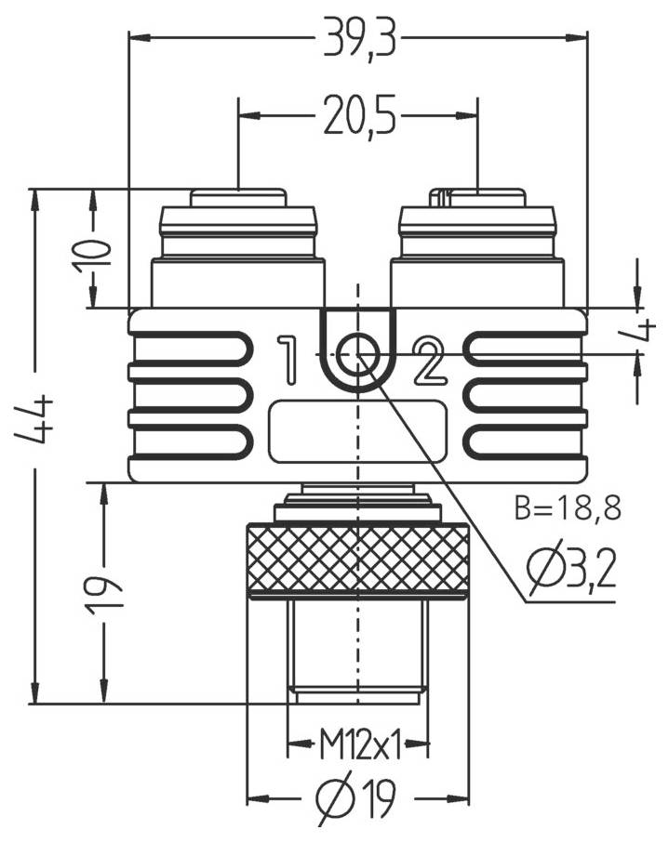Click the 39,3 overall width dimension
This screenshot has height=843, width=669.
(357, 39)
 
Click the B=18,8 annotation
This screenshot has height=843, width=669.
(567, 507)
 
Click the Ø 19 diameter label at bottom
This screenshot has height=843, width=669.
(357, 797)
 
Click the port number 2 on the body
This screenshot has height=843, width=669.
(430, 362)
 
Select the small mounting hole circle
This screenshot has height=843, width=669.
(357, 354)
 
